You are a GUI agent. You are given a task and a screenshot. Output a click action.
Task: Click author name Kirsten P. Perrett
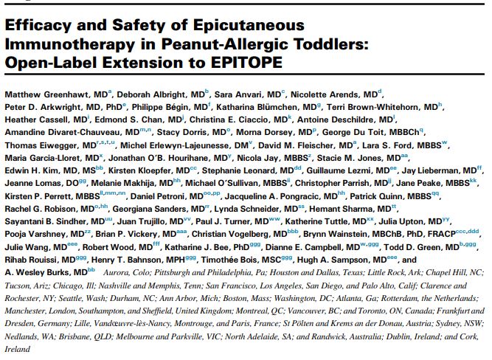[x=38, y=193]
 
